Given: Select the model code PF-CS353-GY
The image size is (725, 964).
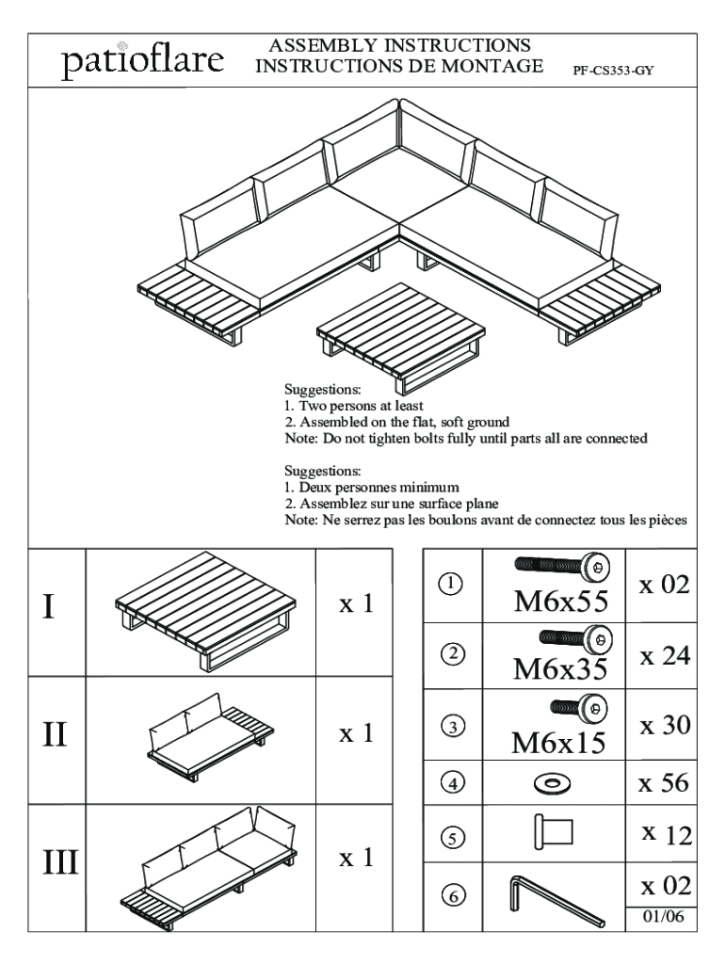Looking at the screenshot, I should click(x=613, y=71).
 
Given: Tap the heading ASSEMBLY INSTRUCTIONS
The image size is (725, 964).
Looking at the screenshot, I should click(x=399, y=46).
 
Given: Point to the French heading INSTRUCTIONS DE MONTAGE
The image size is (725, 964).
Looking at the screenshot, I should click(x=399, y=66).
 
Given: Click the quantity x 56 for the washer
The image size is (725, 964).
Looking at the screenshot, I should click(x=664, y=782).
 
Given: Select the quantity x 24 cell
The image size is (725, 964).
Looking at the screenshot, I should click(x=664, y=655).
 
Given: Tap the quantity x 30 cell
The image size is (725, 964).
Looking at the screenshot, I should click(x=664, y=726).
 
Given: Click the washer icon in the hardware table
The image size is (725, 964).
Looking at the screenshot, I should click(x=554, y=782).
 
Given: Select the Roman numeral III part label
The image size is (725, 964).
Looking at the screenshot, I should click(x=58, y=861).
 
